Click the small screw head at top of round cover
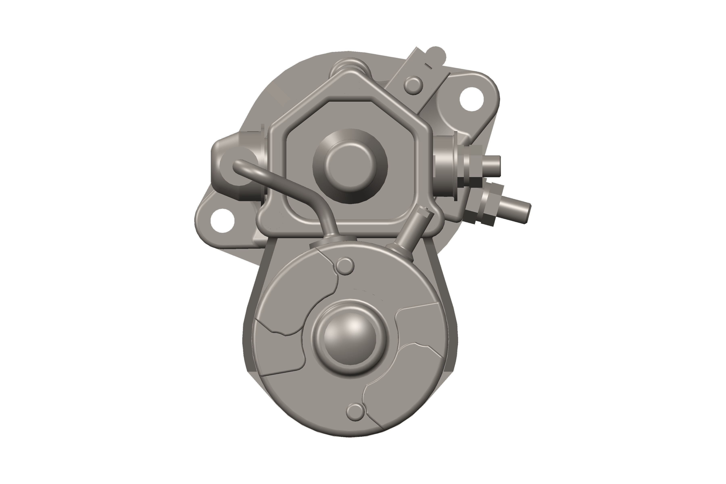click(x=345, y=266)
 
